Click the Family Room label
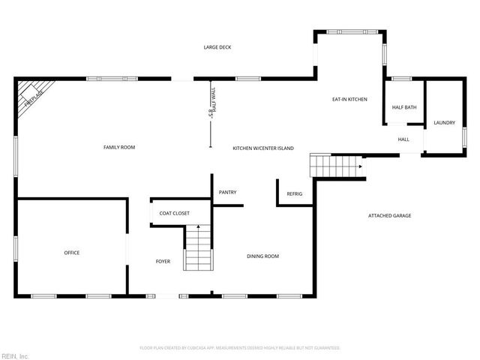coord(119,147)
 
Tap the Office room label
coord(71,253)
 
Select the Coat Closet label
coord(174,213)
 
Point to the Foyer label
coord(163,262)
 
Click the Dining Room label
coord(262,256)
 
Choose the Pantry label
coord(227,193)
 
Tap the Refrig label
coord(295,194)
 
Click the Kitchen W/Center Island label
coord(262,148)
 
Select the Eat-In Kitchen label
coord(349,99)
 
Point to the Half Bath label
coord(404,107)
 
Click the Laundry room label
coord(444,122)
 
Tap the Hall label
coord(403,139)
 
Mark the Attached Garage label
coord(389,216)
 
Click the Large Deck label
coord(217,47)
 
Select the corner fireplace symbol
coord(30,94)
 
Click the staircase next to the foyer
coord(199,247)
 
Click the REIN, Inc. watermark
coord(14,355)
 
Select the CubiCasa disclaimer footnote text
coord(240,348)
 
